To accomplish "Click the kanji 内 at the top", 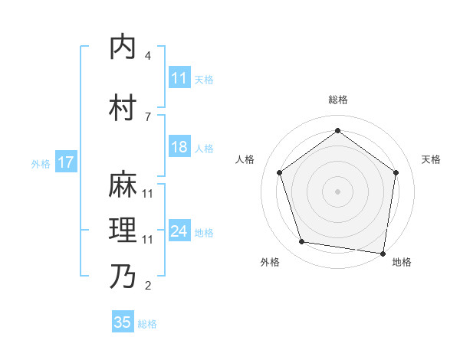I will tap(123, 47).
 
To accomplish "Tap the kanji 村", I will tap(123, 108).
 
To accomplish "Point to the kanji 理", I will tap(123, 231).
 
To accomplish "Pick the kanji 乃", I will tap(123, 277).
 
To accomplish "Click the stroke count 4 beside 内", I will tap(148, 56).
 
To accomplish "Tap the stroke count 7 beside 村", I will tap(148, 116).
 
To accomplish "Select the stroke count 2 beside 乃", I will tap(148, 286).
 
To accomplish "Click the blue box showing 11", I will tap(179, 78).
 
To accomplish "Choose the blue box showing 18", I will tap(179, 147).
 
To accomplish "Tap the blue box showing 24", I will tap(179, 231).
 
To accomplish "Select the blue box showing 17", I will tap(65, 162).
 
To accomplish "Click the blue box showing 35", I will tap(123, 322).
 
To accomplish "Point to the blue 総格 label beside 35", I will tap(148, 324).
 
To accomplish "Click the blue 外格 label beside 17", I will tap(41, 163).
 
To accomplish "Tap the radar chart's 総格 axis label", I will tap(338, 100).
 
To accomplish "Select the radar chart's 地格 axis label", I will tap(402, 263).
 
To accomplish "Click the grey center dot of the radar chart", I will tap(338, 191).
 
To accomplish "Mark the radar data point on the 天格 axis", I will tap(396, 172).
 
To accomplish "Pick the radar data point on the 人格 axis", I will tap(280, 172).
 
